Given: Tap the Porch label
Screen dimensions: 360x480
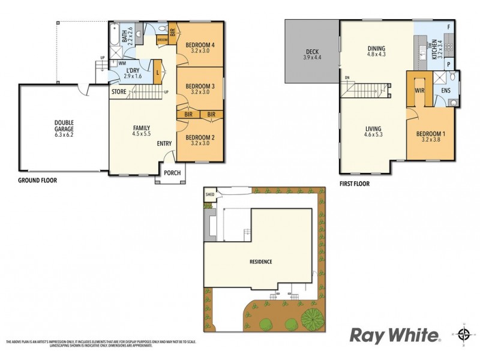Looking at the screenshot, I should [172, 173].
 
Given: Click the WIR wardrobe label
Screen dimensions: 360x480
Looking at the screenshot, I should [419, 91].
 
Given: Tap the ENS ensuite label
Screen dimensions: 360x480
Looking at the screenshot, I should [446, 91].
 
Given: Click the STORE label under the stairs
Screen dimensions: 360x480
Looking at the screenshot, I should [118, 92].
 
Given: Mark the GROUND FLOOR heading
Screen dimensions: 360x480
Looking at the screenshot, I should [37, 179].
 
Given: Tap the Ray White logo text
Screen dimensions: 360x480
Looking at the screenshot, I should [394, 334].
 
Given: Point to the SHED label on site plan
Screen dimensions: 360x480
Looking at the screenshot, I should [210, 194].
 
